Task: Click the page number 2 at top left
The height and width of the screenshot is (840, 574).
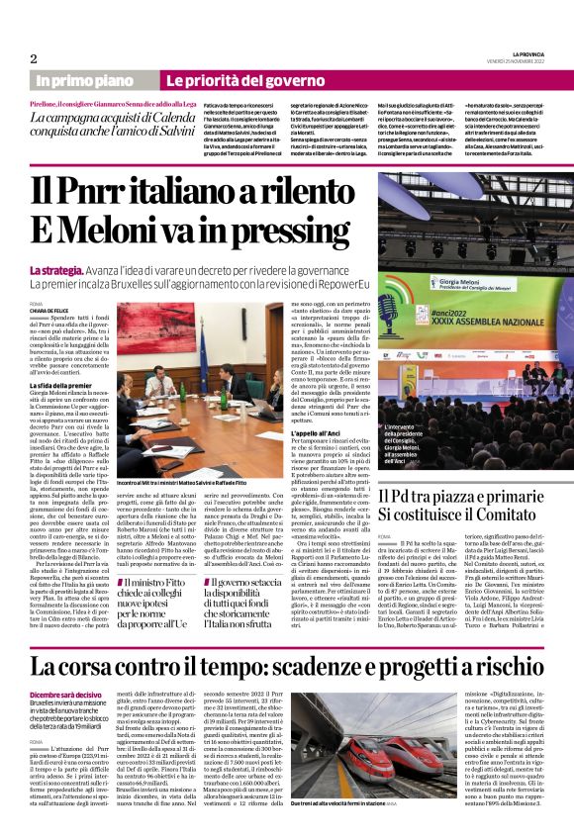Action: (34, 58)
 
